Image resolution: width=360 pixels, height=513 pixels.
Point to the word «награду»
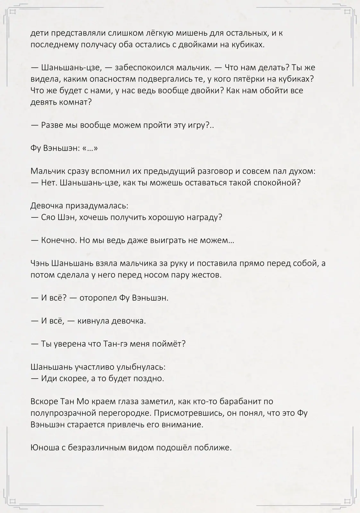click(207, 218)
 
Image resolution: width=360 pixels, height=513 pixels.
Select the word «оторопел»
click(98, 298)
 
